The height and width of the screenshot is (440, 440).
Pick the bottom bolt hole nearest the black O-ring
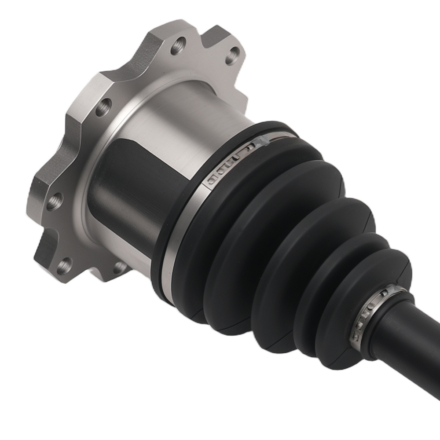click(x=119, y=267)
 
